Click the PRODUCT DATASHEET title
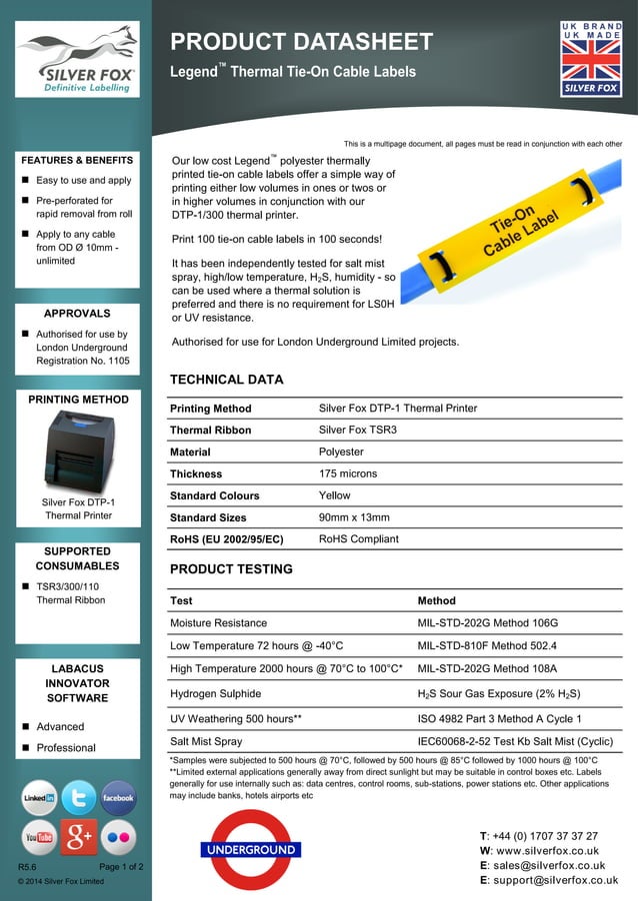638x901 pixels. tap(301, 42)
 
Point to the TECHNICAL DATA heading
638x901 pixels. tap(226, 380)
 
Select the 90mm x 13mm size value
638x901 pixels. tap(354, 517)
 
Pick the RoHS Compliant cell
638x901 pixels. tap(358, 539)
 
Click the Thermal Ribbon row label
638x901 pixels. tap(210, 431)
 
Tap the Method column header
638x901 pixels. tap(436, 601)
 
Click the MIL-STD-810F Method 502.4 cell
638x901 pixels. tap(487, 645)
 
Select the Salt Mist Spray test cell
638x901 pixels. tap(206, 742)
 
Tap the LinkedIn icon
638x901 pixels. tap(40, 798)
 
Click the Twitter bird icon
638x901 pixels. tap(79, 798)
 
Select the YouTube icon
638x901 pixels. tap(40, 837)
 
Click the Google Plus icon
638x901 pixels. tap(79, 837)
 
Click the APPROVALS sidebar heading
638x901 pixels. tap(77, 313)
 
